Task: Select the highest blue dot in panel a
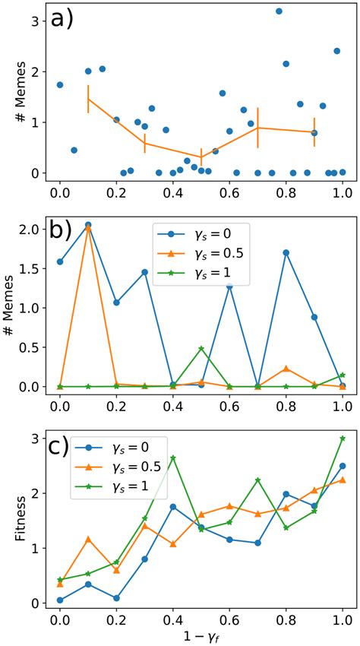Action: click(279, 11)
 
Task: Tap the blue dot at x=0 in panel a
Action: click(60, 84)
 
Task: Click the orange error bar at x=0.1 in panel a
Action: click(88, 100)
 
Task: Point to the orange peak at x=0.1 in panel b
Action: click(88, 226)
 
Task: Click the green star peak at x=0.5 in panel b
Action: click(201, 348)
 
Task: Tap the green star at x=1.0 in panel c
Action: click(343, 439)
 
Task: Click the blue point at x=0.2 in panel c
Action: click(116, 598)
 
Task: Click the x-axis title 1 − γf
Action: click(201, 636)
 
